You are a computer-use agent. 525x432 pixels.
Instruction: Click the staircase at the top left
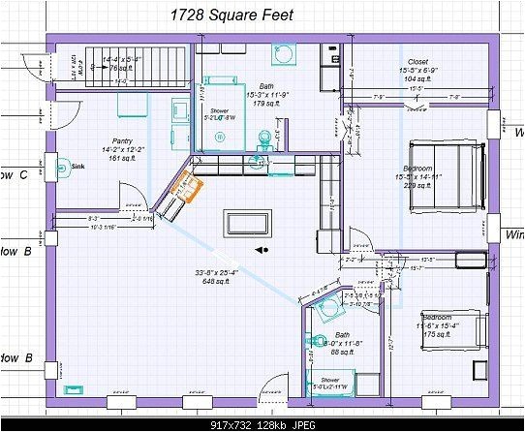point(108,66)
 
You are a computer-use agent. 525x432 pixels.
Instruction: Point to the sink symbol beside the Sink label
point(59,166)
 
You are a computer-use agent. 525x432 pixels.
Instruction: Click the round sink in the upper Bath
point(287,54)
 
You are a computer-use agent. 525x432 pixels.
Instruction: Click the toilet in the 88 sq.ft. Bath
point(321,340)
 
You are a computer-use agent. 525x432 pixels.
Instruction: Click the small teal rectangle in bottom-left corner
point(74,388)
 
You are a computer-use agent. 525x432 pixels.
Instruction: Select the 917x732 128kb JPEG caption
point(262,422)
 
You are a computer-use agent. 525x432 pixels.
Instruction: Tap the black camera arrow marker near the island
point(262,249)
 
